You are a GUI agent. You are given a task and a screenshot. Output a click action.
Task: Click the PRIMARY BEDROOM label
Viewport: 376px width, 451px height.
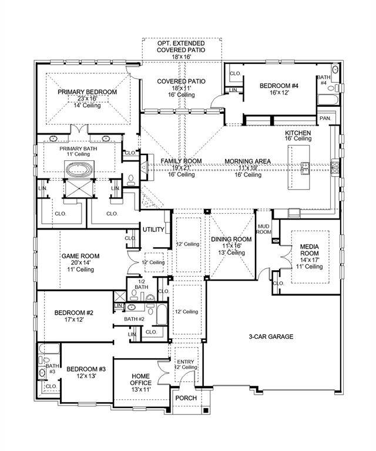point(87,92)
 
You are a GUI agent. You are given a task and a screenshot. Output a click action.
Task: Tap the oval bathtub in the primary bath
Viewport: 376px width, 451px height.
point(79,171)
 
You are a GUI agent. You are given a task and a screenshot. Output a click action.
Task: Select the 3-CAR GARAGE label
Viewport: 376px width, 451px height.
point(271,336)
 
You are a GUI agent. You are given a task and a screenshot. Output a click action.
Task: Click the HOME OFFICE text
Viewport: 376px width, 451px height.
point(141,379)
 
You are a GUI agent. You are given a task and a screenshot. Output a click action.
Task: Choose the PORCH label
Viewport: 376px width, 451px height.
point(186,398)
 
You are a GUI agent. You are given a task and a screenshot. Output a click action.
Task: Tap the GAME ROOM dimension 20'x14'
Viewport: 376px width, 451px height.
point(80,263)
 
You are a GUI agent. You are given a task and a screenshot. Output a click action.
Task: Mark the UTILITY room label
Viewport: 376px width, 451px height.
point(153,230)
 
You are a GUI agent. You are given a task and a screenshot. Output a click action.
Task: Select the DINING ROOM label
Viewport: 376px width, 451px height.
point(231,239)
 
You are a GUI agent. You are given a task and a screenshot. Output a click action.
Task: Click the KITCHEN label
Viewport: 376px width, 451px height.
point(298,133)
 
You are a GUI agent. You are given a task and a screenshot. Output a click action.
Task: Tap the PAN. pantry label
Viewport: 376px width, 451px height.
point(325,118)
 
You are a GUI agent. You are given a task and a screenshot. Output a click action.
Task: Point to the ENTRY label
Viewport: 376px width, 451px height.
point(186,362)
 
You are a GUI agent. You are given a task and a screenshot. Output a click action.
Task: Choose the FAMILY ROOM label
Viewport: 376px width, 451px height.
point(182,161)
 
